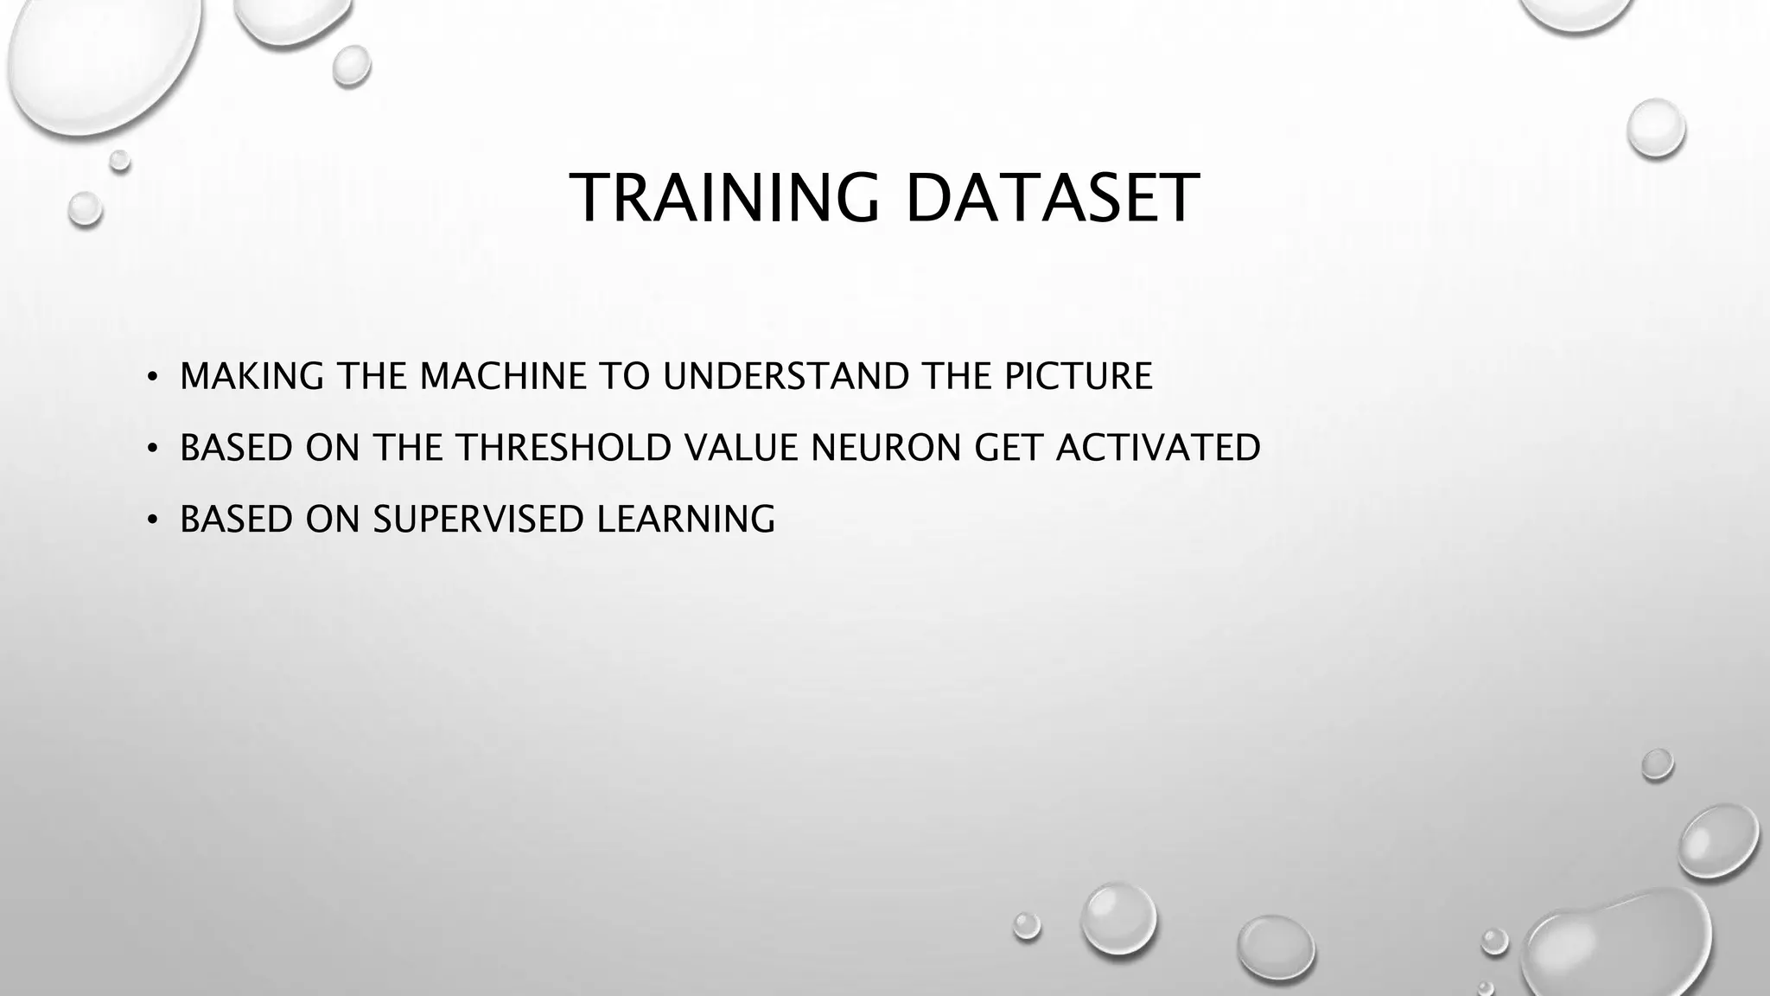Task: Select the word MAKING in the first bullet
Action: (x=251, y=376)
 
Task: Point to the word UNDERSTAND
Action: (x=786, y=376)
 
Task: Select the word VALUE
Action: (x=741, y=448)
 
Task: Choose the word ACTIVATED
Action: (x=1158, y=448)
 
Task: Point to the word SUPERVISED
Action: (x=478, y=520)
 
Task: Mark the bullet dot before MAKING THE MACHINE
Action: (x=152, y=377)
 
